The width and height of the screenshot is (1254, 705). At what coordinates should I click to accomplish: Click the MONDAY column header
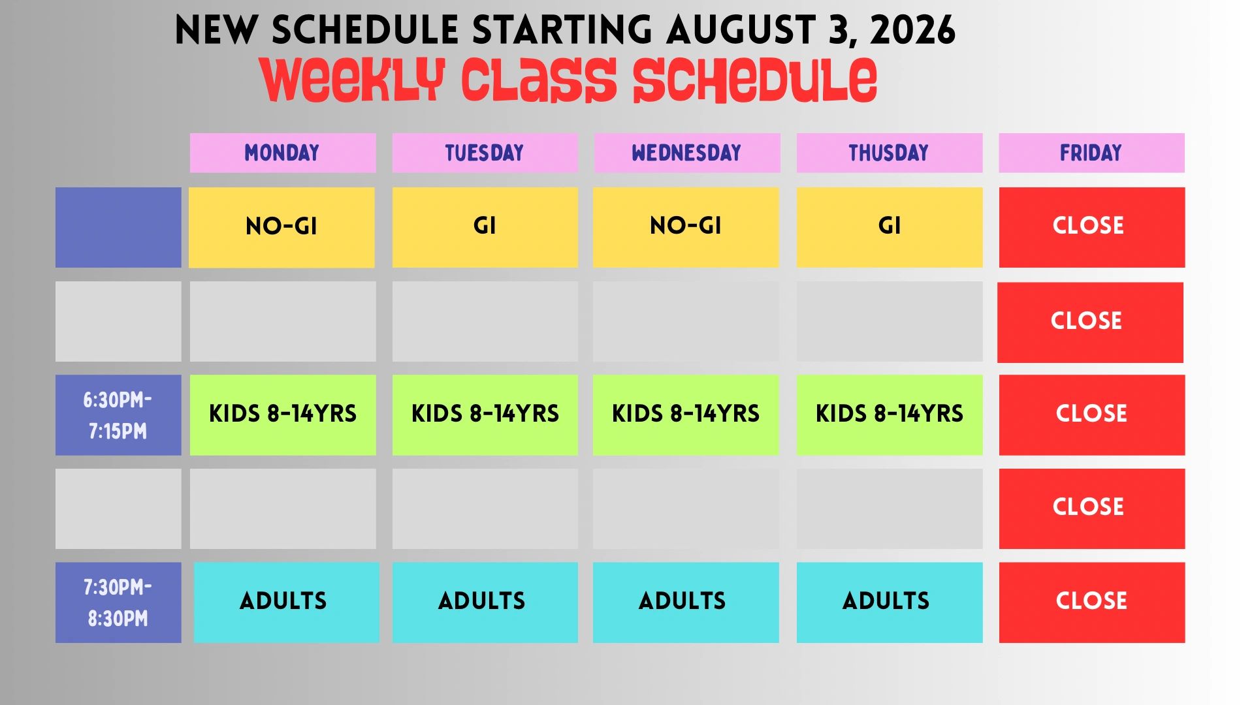pos(283,153)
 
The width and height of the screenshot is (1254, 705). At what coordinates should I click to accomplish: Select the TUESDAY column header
pos(485,153)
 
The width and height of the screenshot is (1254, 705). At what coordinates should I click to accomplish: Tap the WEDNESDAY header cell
pos(686,153)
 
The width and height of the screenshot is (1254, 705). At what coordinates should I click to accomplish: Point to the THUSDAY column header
pos(889,153)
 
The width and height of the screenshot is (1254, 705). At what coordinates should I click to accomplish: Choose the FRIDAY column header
pos(1091,153)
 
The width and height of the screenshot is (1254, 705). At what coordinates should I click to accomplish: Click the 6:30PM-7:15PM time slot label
pos(118,415)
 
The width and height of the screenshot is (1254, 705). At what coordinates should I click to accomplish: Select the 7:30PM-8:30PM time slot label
pos(118,603)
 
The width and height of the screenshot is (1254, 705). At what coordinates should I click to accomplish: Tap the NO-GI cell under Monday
pos(281,227)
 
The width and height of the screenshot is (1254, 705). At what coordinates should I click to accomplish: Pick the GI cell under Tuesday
pos(485,227)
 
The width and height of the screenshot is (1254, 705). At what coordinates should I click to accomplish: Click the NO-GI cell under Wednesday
pos(686,227)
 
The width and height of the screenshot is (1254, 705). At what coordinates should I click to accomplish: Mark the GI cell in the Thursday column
pos(890,227)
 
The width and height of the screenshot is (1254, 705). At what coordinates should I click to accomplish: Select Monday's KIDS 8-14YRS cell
pos(283,415)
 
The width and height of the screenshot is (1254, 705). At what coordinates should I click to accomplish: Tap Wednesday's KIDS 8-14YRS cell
pos(686,415)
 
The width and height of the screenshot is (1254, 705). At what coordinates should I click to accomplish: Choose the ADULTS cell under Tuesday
pos(485,603)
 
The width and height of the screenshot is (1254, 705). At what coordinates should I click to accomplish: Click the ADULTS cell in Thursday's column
pos(890,603)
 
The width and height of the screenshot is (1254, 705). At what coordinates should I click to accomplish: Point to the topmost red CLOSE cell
pos(1092,227)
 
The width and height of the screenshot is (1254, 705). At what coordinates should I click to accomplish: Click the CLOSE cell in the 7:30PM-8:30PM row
pos(1092,603)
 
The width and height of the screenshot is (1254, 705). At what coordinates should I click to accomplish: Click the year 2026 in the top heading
pos(912,30)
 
